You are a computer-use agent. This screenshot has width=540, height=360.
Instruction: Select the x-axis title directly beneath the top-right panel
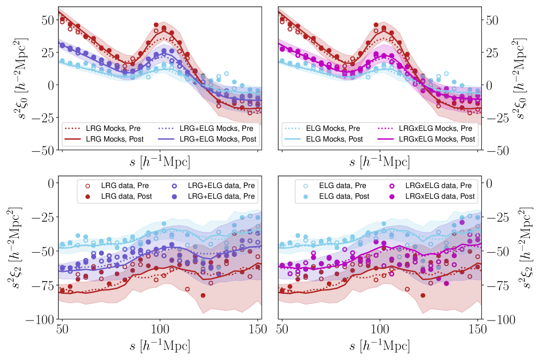click(380, 161)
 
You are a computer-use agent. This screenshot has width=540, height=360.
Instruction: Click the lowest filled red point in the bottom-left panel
click(203, 295)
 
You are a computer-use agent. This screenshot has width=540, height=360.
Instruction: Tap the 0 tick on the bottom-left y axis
click(52, 183)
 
